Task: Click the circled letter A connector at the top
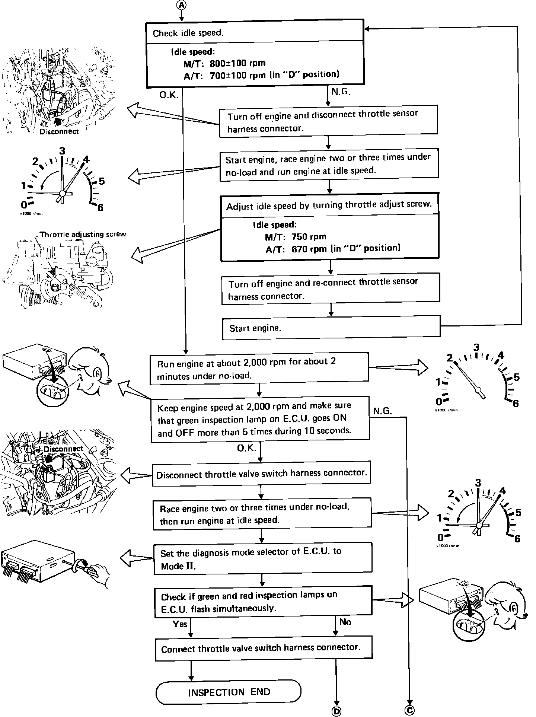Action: click(181, 4)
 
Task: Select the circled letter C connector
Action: click(409, 710)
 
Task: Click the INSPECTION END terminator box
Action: click(228, 692)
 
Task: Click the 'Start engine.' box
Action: click(331, 328)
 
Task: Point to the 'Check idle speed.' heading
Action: click(188, 33)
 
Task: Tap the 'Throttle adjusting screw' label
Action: click(83, 235)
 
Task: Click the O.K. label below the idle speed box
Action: click(169, 95)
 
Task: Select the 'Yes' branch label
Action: click(180, 624)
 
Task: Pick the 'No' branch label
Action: click(345, 622)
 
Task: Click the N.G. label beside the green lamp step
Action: click(382, 411)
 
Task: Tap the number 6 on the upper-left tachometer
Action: click(100, 208)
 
